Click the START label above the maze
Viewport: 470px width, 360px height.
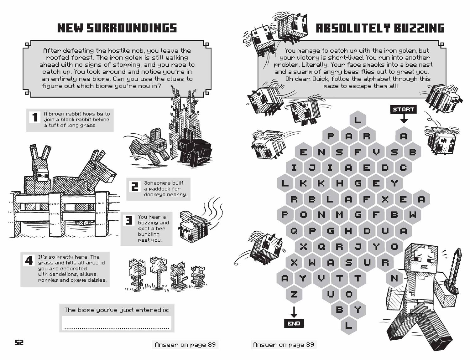tap(403, 109)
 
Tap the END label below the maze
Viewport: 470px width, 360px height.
tap(294, 323)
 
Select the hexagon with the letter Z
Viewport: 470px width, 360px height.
tap(294, 294)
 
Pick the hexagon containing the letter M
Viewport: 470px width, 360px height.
tap(339, 215)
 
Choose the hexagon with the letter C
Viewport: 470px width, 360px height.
tap(403, 167)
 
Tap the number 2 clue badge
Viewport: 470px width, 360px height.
tap(134, 187)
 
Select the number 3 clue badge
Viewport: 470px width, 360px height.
tap(128, 220)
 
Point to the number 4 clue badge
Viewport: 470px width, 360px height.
tap(29, 260)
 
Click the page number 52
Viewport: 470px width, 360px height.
tap(19, 342)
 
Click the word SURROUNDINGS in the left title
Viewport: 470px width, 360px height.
tap(132, 28)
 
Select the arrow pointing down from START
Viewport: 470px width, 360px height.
tap(404, 119)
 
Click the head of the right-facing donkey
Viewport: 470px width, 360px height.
tap(105, 171)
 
